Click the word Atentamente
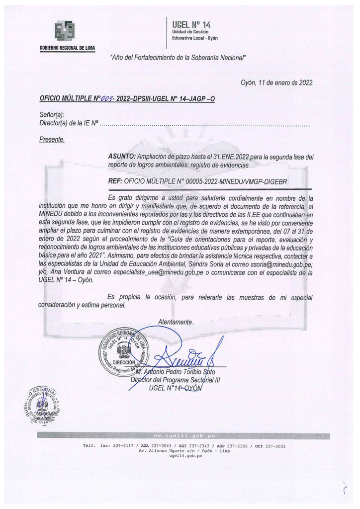(x=175, y=322)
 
